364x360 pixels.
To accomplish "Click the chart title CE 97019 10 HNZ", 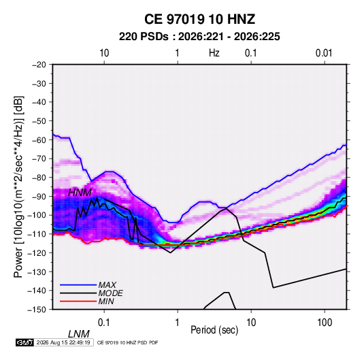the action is coord(199,19).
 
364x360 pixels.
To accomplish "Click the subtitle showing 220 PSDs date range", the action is coord(199,37).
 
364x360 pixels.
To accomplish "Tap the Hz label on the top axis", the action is coord(214,53).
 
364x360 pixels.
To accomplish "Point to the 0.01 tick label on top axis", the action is coord(324,53).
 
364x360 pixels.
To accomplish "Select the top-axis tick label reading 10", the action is coord(104,53).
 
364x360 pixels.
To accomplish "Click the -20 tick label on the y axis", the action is coord(39,65).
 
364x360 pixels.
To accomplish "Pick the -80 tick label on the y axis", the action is coord(39,178).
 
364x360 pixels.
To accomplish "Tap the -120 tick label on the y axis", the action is coord(37,253).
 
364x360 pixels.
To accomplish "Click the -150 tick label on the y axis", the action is coord(37,310).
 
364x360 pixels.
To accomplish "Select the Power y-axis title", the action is coord(19,187).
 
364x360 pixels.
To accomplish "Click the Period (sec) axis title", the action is coord(214,330).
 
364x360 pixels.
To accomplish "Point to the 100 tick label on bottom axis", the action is coord(325,323).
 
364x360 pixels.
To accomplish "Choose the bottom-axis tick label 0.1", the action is coord(104,323).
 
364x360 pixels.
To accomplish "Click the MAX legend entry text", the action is coord(107,285).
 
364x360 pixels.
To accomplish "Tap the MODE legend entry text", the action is coord(110,293).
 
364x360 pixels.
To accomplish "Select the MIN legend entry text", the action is coord(106,301).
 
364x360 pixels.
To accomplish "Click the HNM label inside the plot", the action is coord(80,193).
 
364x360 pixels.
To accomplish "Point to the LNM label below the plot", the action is coord(78,334).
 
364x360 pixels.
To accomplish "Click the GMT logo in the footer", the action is coord(24,342).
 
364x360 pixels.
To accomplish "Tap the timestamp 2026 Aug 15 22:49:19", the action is coord(63,342).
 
